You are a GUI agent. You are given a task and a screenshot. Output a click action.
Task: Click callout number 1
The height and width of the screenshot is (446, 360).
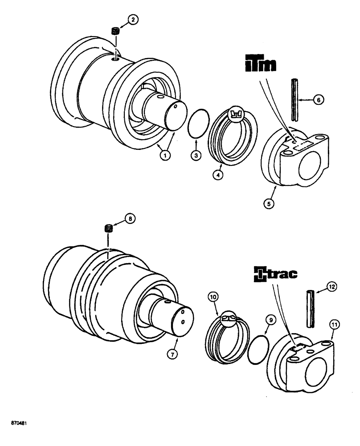click(x=165, y=156)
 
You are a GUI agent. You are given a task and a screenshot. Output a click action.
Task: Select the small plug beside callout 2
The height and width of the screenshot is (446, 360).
click(x=115, y=31)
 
